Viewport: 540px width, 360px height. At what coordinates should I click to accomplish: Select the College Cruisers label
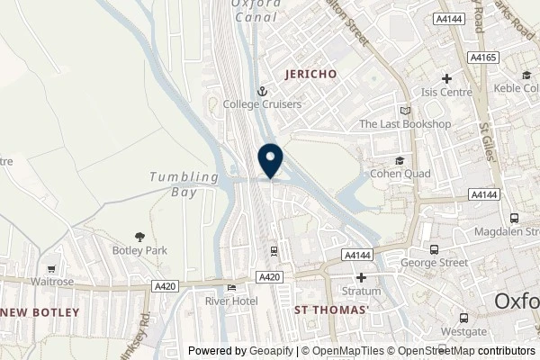pyautogui.click(x=263, y=104)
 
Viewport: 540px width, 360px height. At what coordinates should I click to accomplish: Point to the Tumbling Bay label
pyautogui.click(x=184, y=177)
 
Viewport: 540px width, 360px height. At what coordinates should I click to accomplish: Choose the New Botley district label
pyautogui.click(x=40, y=311)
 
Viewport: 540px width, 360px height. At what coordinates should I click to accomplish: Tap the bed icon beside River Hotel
pyautogui.click(x=231, y=288)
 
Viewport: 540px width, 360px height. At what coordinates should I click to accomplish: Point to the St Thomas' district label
pyautogui.click(x=332, y=310)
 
